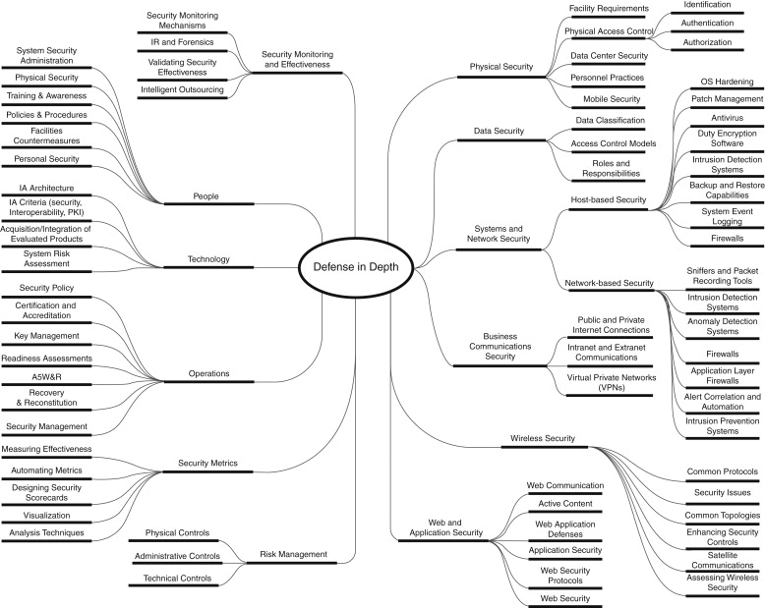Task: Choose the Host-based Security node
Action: [x=610, y=199]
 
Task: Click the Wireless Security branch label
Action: [x=543, y=437]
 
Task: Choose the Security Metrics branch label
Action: [x=207, y=462]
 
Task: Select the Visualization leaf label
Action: [x=47, y=514]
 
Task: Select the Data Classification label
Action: [x=610, y=120]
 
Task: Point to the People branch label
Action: [x=206, y=196]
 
